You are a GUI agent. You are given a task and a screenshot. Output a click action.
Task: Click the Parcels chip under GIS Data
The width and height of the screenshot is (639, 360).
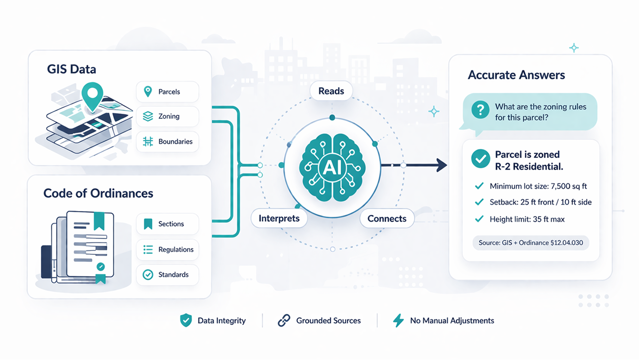pyautogui.click(x=167, y=92)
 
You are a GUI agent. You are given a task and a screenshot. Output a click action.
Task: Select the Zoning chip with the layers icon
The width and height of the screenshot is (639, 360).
pyautogui.click(x=167, y=117)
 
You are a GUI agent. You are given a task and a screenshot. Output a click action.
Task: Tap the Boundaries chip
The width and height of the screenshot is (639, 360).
pyautogui.click(x=167, y=141)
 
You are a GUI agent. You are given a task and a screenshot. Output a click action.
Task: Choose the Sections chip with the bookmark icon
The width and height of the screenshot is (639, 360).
pyautogui.click(x=167, y=224)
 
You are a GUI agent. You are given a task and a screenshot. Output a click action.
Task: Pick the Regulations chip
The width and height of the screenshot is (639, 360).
pyautogui.click(x=167, y=250)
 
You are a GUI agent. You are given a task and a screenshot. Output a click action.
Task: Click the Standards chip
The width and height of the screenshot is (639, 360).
pyautogui.click(x=167, y=274)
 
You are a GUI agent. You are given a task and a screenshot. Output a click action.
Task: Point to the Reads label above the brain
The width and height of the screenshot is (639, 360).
pyautogui.click(x=331, y=91)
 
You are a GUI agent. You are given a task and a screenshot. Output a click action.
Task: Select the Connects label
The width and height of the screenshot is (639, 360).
pyautogui.click(x=387, y=219)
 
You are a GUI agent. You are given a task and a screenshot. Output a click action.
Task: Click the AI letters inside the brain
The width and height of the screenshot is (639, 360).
pyautogui.click(x=332, y=168)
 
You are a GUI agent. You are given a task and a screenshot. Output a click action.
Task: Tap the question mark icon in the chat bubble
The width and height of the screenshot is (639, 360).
pyautogui.click(x=480, y=111)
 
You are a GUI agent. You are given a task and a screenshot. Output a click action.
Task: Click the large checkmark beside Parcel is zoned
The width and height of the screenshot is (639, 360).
pyautogui.click(x=481, y=159)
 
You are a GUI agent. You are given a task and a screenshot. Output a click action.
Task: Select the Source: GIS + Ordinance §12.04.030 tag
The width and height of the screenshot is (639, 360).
pyautogui.click(x=530, y=243)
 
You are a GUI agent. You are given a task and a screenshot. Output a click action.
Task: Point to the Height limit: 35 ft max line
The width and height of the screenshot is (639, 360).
pyautogui.click(x=527, y=219)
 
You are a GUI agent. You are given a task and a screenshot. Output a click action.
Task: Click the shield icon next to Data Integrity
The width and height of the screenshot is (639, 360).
pyautogui.click(x=186, y=321)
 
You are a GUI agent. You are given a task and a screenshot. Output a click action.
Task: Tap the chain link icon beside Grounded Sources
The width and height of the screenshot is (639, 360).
pyautogui.click(x=284, y=321)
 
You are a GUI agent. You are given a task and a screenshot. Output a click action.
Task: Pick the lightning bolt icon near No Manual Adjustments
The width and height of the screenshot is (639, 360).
pyautogui.click(x=398, y=321)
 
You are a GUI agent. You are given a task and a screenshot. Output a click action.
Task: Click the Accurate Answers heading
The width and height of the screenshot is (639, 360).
pyautogui.click(x=516, y=75)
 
